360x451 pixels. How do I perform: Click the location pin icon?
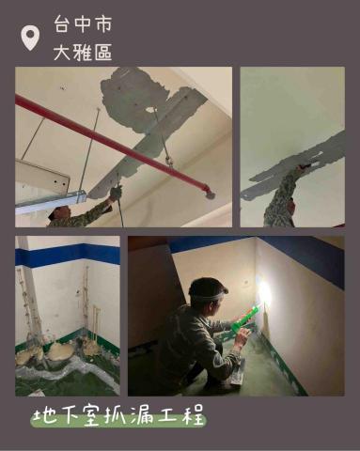30,38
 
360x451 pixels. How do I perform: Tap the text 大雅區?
83,52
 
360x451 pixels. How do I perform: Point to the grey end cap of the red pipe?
210,194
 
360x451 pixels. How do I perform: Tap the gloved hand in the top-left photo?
116,193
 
